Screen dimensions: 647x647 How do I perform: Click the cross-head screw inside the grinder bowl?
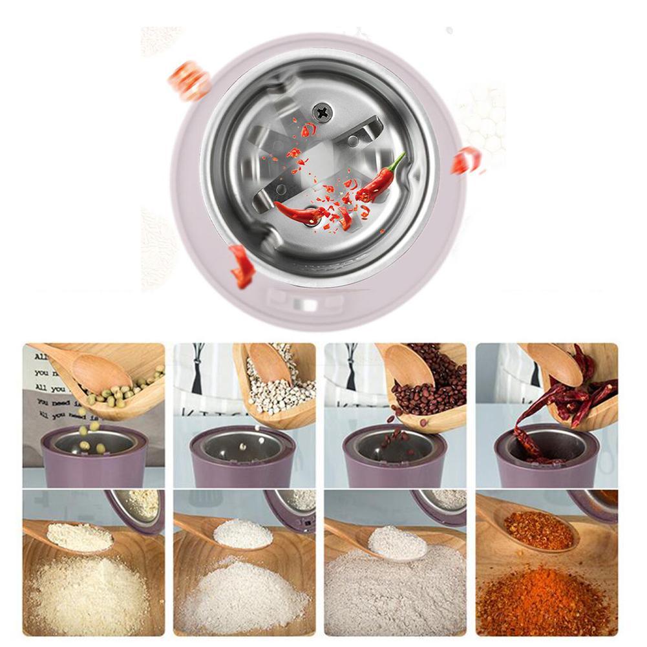coord(321,112)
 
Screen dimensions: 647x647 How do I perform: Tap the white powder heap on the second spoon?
coord(242,533)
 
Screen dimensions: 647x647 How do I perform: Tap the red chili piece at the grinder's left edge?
coord(297,213)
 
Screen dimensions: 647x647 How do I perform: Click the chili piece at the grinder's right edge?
coord(465,160)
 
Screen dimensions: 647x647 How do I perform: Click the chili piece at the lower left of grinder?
coord(242,265)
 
